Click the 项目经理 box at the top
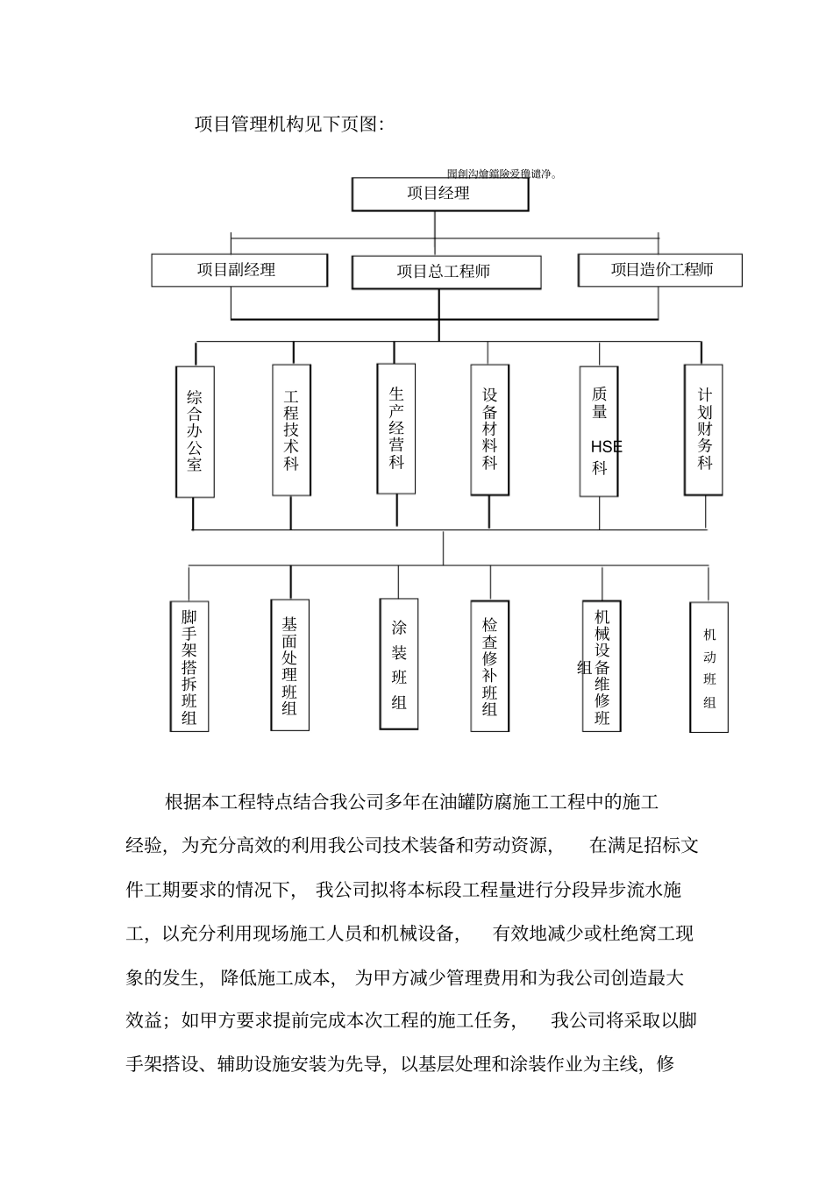[439, 194]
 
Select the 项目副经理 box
[239, 270]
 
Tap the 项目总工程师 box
[445, 272]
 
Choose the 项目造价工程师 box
[660, 270]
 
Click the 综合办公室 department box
[195, 431]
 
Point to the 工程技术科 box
[291, 430]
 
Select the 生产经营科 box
[396, 429]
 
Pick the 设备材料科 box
[489, 430]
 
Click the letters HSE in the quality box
[606, 446]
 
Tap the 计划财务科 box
[704, 430]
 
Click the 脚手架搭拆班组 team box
[189, 666]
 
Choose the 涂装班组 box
[399, 664]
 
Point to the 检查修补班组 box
[489, 666]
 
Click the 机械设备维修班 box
[602, 666]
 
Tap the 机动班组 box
[708, 667]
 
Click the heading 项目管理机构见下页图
[289, 124]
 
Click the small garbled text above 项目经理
[502, 174]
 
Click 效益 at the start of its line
[144, 1020]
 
